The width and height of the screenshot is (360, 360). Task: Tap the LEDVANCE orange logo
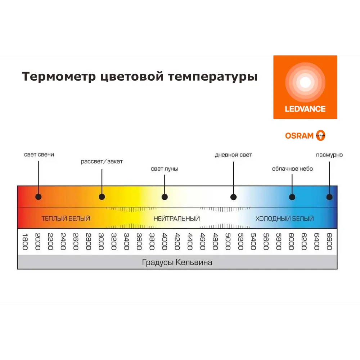[305, 87]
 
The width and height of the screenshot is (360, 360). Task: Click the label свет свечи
[39, 154]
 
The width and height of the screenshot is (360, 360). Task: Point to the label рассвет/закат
[102, 162]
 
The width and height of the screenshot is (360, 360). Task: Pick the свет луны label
[165, 169]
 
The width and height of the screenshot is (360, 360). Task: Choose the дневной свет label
[233, 155]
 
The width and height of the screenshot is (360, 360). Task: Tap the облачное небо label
[292, 169]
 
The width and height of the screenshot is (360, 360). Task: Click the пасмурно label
[329, 155]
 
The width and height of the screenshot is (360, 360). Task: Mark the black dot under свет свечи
[39, 197]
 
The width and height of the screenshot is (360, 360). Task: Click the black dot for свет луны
[165, 197]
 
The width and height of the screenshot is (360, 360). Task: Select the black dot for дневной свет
[233, 197]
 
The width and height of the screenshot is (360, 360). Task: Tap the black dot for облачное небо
[292, 197]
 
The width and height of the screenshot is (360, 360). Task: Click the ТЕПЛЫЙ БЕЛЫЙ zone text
[66, 219]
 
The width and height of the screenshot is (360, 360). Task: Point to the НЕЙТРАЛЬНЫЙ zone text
[176, 219]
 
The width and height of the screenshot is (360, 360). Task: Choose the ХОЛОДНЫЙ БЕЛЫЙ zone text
[284, 219]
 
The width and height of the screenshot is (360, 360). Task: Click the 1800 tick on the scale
[25, 242]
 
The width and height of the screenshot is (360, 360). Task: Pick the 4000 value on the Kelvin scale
[165, 242]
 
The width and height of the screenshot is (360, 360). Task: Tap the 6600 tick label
[329, 242]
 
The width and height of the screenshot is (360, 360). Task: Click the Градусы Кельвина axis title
[177, 262]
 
